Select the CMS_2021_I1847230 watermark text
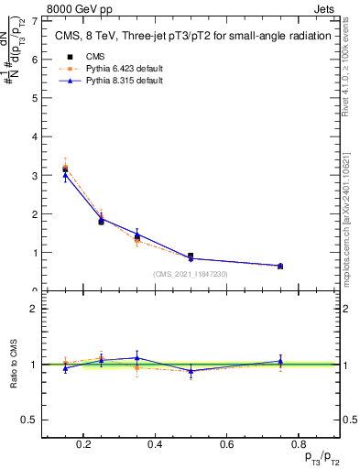pyautogui.click(x=190, y=274)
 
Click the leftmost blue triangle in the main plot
pyautogui.click(x=65, y=175)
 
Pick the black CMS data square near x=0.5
pyautogui.click(x=190, y=256)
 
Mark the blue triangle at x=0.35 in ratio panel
pyautogui.click(x=136, y=358)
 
